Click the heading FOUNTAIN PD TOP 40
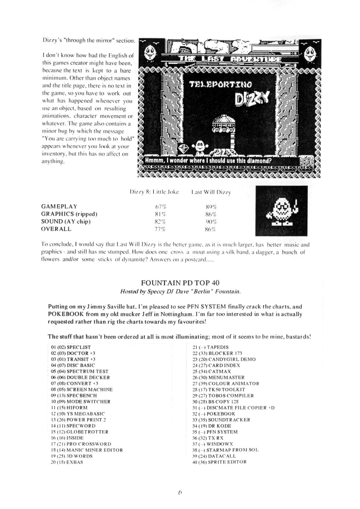coord(180,283)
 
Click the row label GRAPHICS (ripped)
coord(69,214)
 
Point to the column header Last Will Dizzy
coord(211,192)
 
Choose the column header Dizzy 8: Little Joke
coord(154,192)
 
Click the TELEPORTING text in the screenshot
coord(221,85)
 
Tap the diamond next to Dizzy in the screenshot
coord(183,148)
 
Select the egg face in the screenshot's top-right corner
coord(309,54)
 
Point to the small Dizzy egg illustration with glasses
coord(281,211)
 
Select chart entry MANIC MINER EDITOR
coord(87,450)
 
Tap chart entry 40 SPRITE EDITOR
coord(219,462)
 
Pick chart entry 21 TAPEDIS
coord(210,347)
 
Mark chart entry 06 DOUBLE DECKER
coord(80,377)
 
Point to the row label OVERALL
coord(56,229)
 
